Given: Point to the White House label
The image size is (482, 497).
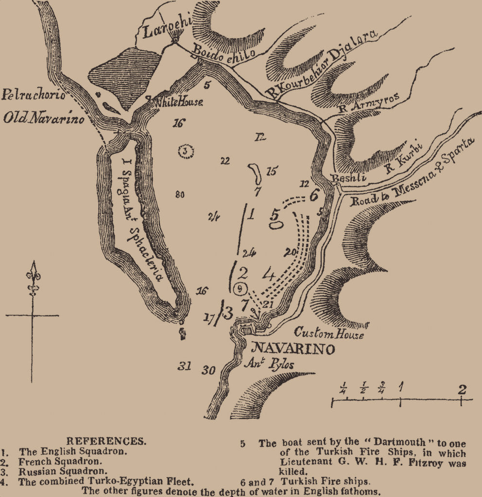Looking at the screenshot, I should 178,102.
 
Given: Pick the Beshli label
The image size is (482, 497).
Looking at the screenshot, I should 346,178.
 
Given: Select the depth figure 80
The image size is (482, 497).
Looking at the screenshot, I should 180,195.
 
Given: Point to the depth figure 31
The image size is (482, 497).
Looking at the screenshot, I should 184,366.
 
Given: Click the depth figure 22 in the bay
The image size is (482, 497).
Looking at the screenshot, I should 224,161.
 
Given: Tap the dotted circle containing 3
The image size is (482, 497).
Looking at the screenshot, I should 186,151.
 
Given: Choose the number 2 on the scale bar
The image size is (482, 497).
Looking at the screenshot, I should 462,389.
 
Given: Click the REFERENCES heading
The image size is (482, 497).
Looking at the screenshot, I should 105,441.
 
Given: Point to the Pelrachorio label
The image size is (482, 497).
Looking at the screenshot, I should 33,95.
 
